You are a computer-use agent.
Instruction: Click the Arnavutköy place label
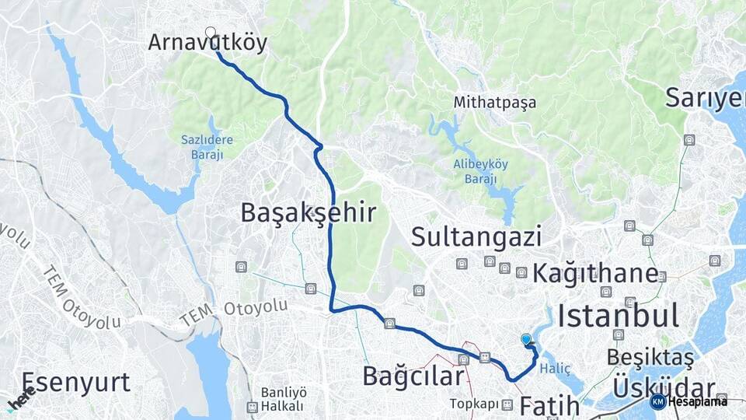207,43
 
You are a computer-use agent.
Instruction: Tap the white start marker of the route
210,33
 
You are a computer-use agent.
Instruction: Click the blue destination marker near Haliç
526,339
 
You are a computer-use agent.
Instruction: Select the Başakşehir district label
308,212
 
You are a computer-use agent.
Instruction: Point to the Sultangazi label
476,236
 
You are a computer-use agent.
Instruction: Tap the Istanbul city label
619,315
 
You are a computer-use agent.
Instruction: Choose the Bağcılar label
413,376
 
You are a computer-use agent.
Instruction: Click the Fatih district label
549,405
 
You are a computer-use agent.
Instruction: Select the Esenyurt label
75,382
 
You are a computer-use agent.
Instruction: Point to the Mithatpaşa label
495,103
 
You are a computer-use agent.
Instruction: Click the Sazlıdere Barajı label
207,147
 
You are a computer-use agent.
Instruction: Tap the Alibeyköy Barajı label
475,171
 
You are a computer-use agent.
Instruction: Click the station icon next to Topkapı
507,404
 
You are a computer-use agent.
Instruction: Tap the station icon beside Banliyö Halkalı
252,406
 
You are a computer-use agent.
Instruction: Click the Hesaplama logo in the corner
690,401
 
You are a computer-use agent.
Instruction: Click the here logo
21,398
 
